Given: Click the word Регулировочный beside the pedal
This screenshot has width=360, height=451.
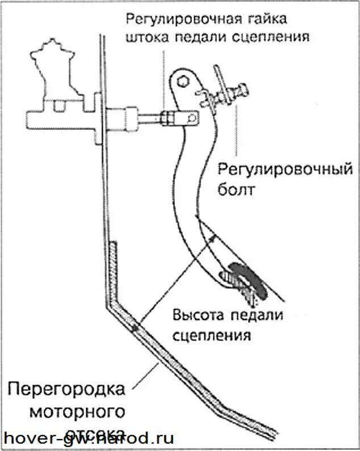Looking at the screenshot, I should [x=287, y=169].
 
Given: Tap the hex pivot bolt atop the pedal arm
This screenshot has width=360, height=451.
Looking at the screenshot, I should [x=183, y=81].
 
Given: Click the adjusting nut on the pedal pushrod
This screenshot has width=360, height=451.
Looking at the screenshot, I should [x=167, y=118].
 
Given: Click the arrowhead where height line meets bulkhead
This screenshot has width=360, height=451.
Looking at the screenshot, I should [x=135, y=327].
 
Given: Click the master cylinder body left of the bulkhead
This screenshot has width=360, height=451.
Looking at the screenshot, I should [x=57, y=120].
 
